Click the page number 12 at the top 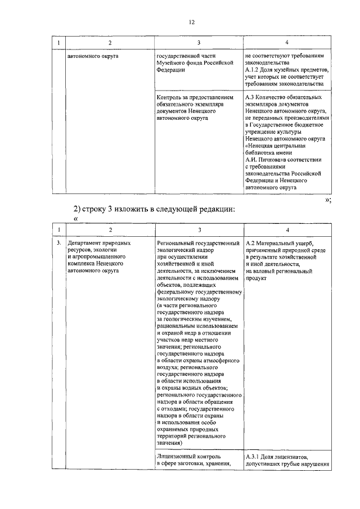point(192,22)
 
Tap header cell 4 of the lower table point(287,229)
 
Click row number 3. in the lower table point(58,243)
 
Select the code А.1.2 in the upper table point(254,70)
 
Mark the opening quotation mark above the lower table point(75,219)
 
